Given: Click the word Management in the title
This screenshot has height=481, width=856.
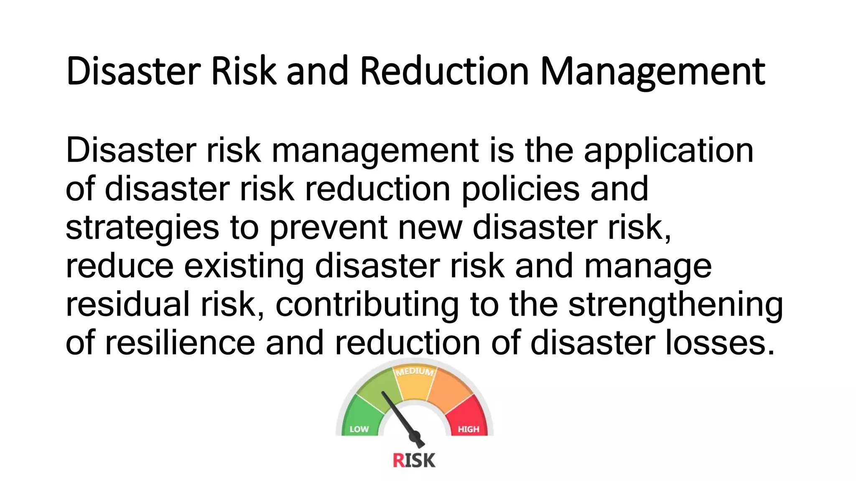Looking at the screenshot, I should (x=652, y=72).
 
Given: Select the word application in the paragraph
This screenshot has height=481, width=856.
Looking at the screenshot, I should (x=668, y=151).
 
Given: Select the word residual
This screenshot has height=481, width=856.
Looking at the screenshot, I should (x=127, y=304).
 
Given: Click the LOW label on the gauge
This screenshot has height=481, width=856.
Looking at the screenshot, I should (x=359, y=429).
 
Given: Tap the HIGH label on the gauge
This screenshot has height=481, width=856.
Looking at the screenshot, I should (x=468, y=429).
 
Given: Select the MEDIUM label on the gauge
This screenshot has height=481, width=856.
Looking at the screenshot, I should (x=415, y=371).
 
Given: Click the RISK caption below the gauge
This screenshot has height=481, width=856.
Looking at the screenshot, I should (x=414, y=461).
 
